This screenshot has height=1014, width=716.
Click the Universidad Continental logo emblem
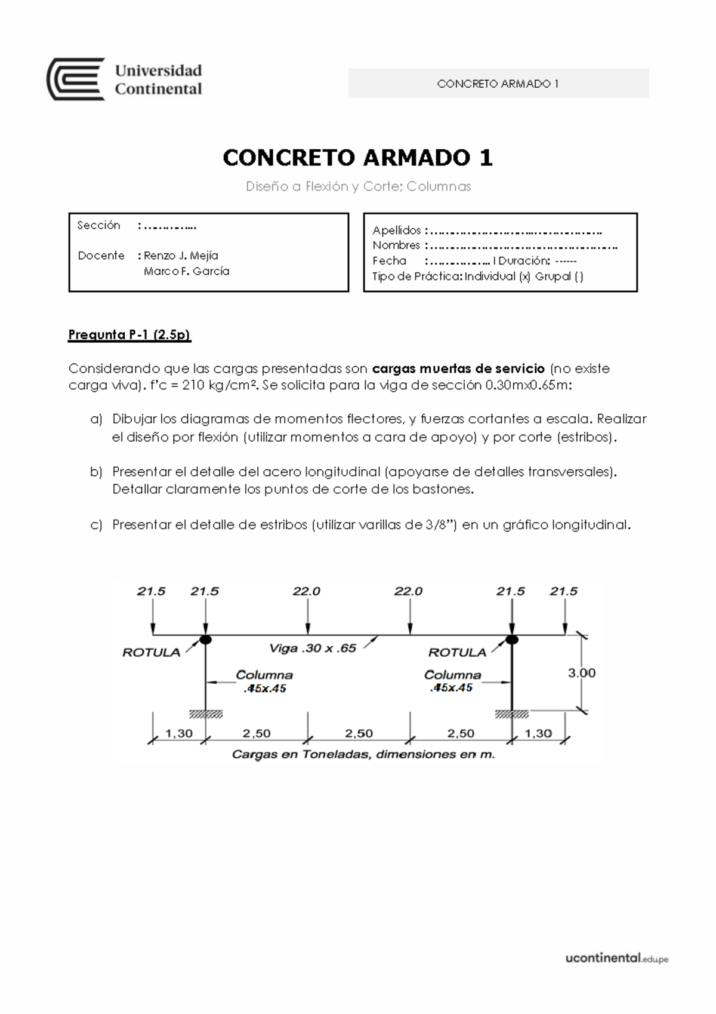click(76, 79)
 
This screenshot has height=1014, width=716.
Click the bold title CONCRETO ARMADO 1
click(357, 158)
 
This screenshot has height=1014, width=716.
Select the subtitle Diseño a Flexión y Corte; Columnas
click(358, 186)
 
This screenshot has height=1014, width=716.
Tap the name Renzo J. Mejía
click(181, 256)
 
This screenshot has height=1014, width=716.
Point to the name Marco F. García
click(186, 271)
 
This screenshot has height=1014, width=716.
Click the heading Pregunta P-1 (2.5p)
click(129, 334)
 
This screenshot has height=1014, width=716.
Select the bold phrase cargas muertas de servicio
click(458, 368)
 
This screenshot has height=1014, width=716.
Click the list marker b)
click(96, 472)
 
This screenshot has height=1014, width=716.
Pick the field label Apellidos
click(397, 231)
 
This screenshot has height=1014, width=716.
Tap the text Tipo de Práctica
click(416, 276)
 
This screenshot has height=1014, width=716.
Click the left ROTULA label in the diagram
click(151, 653)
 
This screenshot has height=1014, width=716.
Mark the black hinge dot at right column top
click(511, 640)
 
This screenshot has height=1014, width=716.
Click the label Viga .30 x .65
click(313, 648)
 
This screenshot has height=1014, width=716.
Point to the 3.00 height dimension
click(581, 673)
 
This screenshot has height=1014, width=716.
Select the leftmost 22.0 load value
click(307, 591)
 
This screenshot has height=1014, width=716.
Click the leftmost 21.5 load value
click(151, 591)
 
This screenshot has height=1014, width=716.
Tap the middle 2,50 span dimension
click(359, 733)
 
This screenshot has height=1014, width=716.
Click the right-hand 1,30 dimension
click(538, 733)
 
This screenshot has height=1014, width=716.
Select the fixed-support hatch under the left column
click(206, 714)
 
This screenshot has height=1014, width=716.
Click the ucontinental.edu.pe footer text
click(616, 958)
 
